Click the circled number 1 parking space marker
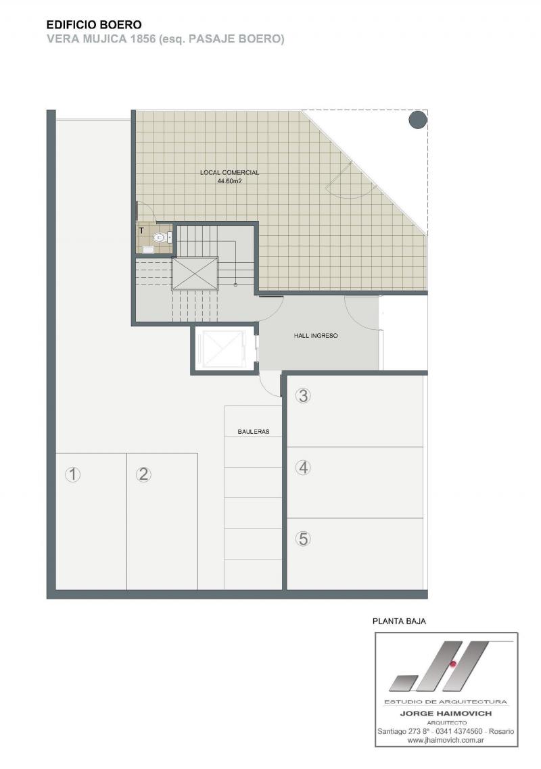72,474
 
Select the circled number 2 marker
143,474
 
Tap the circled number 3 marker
304,395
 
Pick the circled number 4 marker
304,468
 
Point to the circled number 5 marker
304,539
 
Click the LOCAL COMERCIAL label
229,172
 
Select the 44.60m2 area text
229,180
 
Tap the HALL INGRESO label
316,336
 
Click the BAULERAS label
254,432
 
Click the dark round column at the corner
418,120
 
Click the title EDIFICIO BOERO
94,24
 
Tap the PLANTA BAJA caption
399,621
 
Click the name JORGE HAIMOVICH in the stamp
446,714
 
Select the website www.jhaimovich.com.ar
445,739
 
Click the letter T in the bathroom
141,230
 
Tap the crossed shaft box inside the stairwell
195,273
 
